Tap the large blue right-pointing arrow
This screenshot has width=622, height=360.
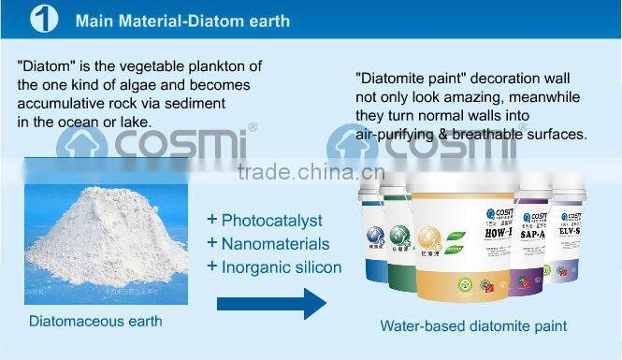coord(271,303)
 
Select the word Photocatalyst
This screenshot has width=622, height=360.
coord(271,221)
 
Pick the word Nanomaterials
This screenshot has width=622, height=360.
coord(275,244)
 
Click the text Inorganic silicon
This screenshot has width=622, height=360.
coord(282,267)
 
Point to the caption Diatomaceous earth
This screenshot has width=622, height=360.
coord(95,322)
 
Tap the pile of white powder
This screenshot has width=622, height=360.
coord(98,239)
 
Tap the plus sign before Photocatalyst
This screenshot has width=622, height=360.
coord(212,220)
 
